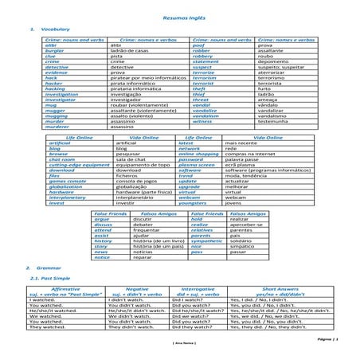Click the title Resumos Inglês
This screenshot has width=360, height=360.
click(x=179, y=17)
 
